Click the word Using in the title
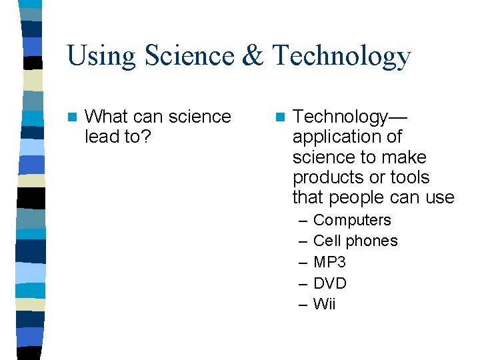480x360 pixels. tap(103, 56)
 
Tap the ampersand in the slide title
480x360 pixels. tap(253, 56)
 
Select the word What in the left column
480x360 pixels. tap(107, 117)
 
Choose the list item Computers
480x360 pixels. tap(352, 220)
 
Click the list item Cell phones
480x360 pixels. tap(355, 241)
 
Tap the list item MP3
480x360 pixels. tap(329, 262)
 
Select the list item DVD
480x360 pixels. tap(330, 283)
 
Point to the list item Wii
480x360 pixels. tap(324, 304)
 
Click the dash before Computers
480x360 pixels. tap(303, 220)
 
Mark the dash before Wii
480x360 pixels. tap(303, 305)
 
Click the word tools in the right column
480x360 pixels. tap(410, 178)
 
